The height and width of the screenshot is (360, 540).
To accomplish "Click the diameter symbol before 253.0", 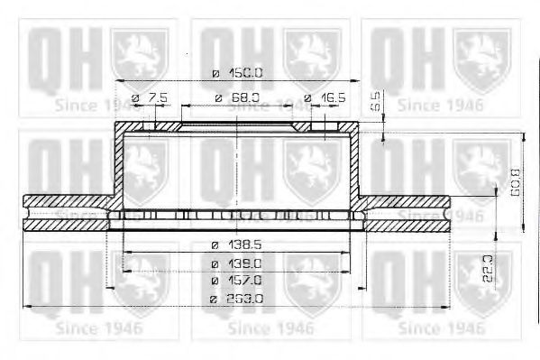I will (x=214, y=298).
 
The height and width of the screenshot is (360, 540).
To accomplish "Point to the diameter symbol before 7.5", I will (x=134, y=97).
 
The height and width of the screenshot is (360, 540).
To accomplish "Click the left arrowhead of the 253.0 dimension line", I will (x=25, y=306).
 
